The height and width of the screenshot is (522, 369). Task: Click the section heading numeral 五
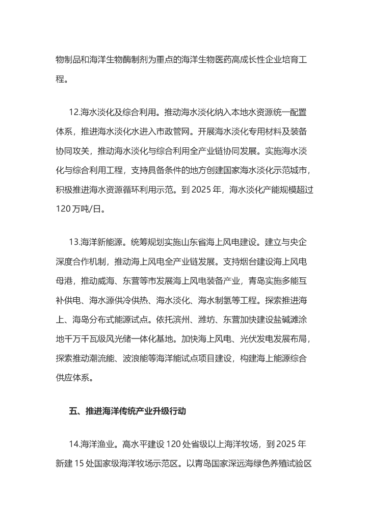click(73, 412)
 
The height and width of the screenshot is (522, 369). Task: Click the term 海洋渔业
click(98, 445)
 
